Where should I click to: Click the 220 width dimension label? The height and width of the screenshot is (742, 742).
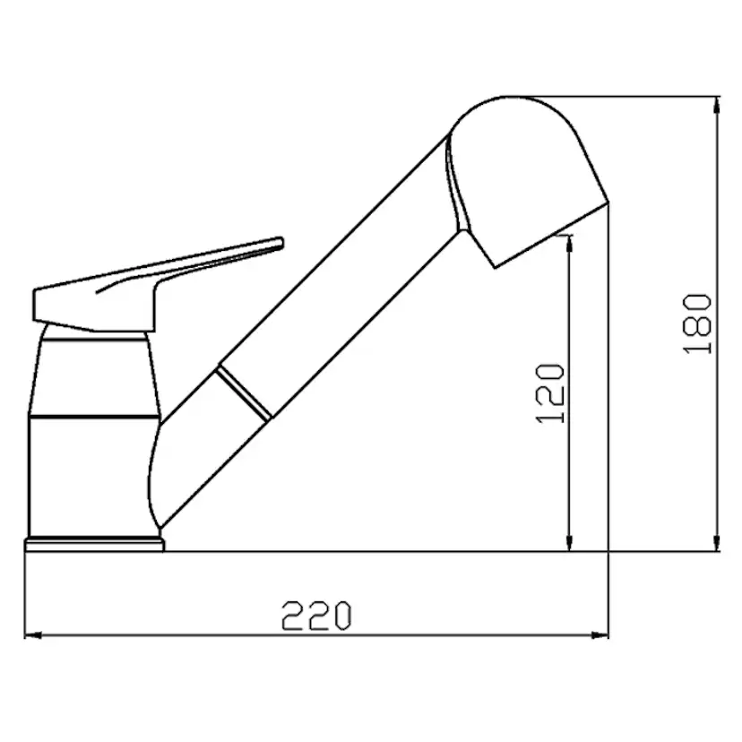pos(316,616)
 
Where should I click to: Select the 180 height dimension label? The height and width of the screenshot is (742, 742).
pos(697,324)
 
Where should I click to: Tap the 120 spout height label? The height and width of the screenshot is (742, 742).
pos(550,393)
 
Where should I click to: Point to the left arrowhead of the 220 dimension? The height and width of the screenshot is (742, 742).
pos(33,635)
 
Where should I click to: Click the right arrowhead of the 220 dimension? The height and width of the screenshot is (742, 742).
pos(600,635)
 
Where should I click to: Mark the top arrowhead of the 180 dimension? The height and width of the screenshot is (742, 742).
pos(716,105)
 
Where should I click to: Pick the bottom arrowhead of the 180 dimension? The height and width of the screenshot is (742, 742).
pos(716,543)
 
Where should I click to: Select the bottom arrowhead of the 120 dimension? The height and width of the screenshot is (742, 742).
pos(569,543)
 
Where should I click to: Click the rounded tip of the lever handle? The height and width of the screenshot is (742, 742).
pos(280,243)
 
